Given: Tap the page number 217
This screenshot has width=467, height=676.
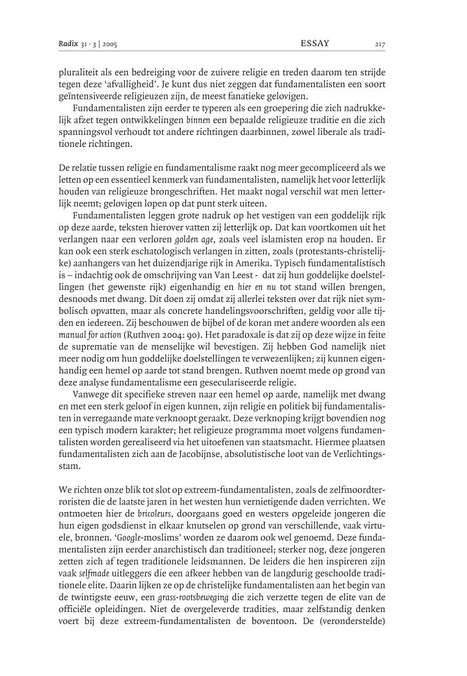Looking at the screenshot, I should pyautogui.click(x=380, y=44).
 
